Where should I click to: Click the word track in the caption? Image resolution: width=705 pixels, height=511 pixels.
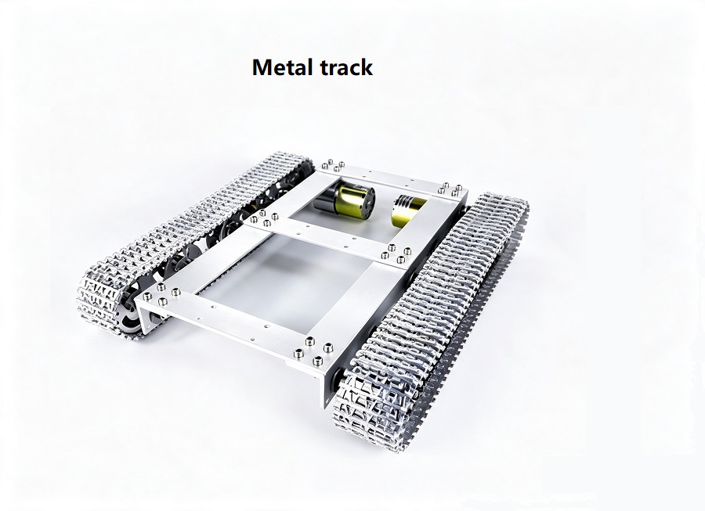346,67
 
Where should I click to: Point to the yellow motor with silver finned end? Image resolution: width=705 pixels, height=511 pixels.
408,211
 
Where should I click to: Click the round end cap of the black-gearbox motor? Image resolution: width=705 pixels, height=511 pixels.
368,200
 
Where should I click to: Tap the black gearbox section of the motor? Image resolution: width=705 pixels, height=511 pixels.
324,199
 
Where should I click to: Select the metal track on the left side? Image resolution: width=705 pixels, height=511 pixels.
189,238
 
